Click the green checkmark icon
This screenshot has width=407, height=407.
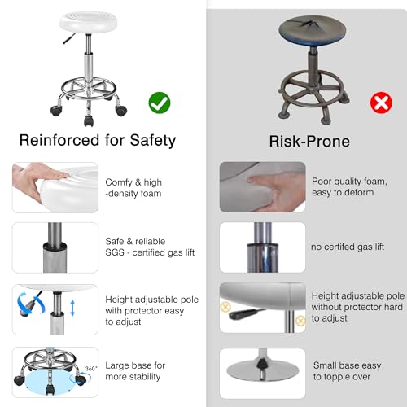click(160, 103)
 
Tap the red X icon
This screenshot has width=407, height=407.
click(381, 103)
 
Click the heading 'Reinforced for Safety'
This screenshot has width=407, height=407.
click(98, 141)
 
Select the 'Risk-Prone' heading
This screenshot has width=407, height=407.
click(309, 142)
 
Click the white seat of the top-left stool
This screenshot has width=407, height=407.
click(89, 22)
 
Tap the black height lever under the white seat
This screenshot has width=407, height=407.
click(69, 38)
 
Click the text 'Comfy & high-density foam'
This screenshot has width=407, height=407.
click(133, 188)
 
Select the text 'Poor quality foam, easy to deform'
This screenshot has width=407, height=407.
click(349, 186)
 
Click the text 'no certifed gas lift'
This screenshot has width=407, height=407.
click(348, 247)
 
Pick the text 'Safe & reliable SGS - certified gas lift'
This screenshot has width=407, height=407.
click(150, 247)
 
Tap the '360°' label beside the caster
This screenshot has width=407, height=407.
click(91, 369)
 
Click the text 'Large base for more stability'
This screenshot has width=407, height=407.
click(135, 371)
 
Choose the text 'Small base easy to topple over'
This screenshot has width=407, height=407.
click(347, 371)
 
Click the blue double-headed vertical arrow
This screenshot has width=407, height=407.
click(72, 308)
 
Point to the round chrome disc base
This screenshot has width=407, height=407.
click(263, 370)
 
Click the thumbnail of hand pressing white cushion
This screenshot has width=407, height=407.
click(55, 187)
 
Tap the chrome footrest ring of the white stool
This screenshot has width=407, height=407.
click(89, 89)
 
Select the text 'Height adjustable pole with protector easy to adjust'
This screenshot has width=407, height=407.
click(151, 311)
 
